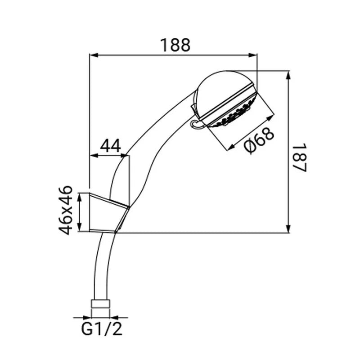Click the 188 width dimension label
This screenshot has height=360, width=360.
175,45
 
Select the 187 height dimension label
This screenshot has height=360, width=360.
300,157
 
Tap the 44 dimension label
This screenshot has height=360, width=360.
110,145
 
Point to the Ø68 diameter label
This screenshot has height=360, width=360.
259,140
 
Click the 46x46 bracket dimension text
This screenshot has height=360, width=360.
65,210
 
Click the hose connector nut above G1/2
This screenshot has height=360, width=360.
100,303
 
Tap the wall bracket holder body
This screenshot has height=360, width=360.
108,213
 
